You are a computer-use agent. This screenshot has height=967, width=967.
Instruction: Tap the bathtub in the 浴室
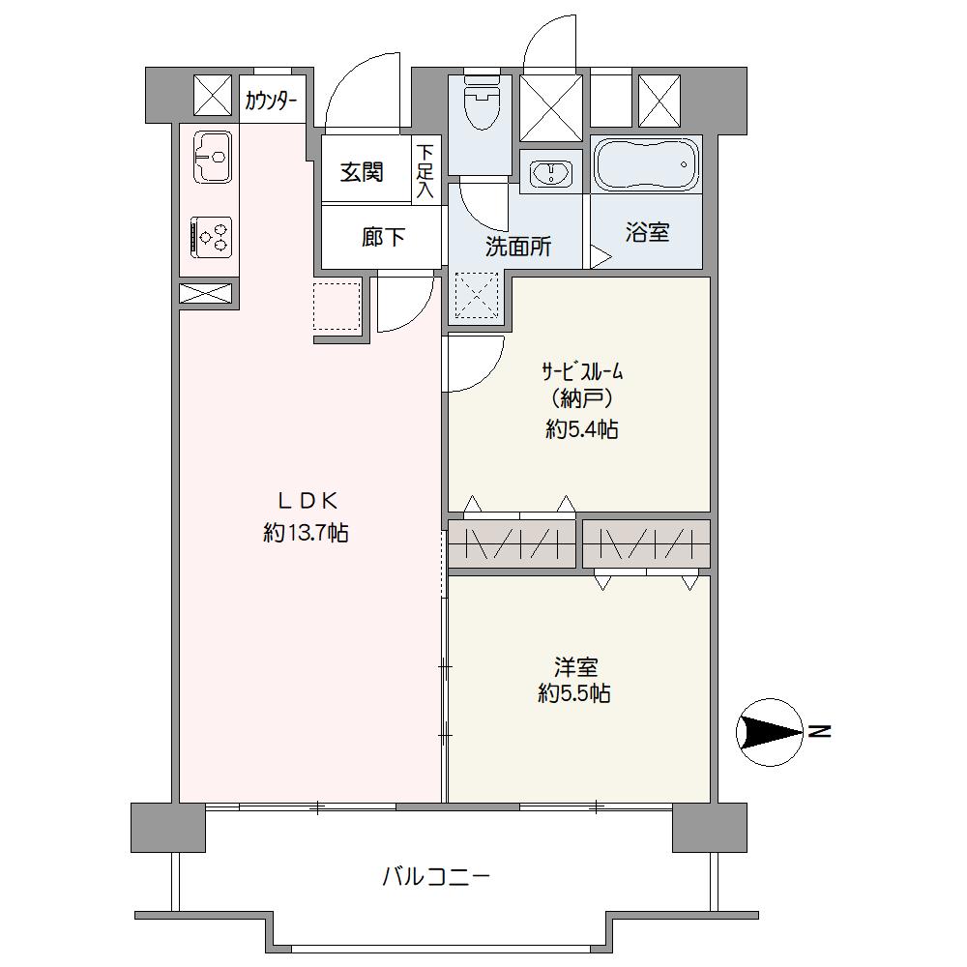646,164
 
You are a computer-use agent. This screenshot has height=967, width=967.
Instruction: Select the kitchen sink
213,157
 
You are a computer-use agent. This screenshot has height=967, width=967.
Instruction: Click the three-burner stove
212,238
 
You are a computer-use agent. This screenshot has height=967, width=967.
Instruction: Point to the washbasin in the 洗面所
551,172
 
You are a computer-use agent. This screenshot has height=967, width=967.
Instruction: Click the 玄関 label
362,172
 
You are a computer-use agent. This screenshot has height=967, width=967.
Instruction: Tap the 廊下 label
384,237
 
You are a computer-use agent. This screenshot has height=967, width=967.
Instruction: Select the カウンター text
272,100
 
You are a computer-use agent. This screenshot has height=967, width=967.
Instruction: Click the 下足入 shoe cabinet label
425,171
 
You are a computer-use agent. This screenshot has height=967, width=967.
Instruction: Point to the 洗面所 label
518,247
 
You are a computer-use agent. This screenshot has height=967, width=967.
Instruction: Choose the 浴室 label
647,232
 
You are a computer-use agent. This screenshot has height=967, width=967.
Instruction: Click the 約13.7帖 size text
306,532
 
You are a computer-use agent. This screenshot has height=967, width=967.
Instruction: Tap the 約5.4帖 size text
581,428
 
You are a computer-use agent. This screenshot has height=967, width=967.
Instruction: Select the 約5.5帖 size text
574,693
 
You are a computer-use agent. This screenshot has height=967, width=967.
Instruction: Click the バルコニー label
437,876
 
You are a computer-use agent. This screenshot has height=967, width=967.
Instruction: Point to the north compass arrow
771,732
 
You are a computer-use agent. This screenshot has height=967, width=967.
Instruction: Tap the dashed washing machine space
477,296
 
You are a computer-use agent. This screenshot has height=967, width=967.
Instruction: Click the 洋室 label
575,667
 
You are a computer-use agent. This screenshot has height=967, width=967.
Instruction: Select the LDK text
307,502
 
